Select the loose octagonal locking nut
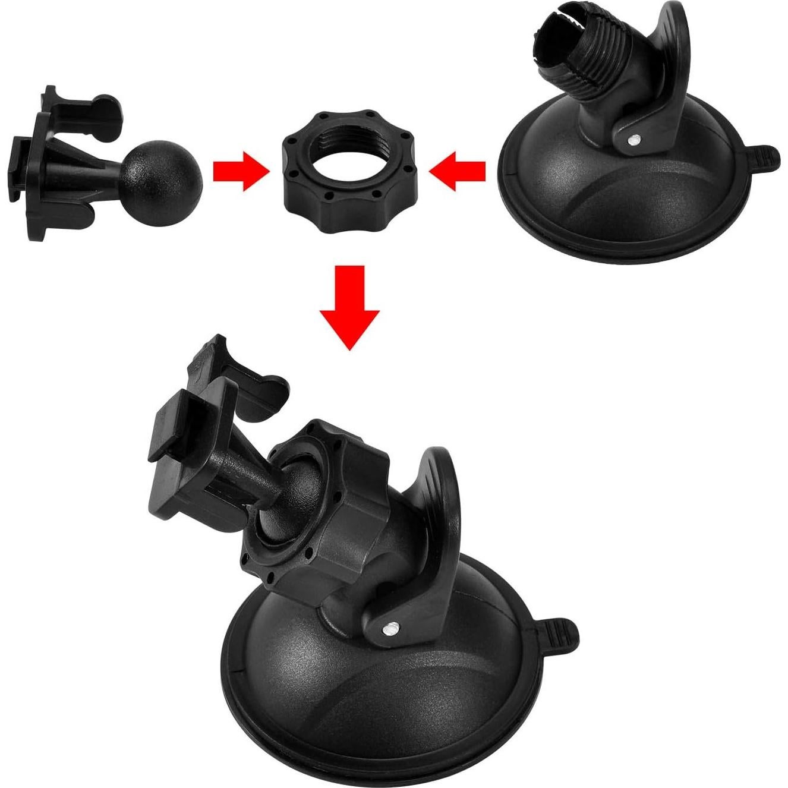coord(349,193)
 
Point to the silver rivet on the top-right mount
coord(635,140)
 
